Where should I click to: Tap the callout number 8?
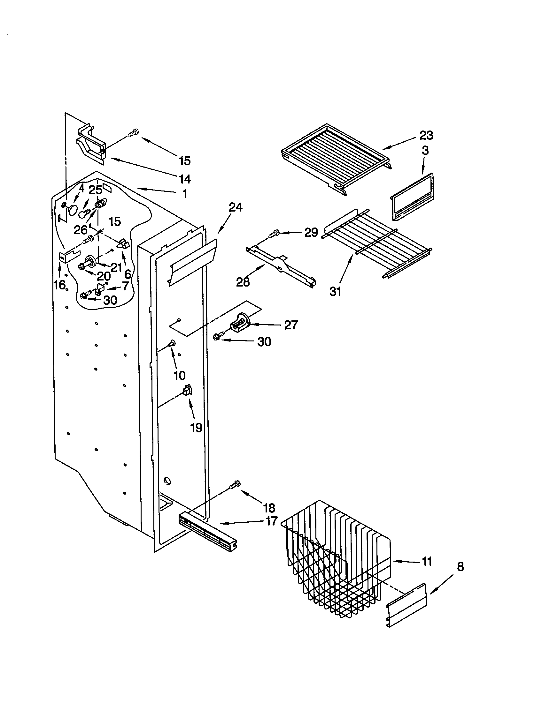(460, 567)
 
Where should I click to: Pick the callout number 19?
(196, 428)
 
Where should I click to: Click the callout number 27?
(290, 325)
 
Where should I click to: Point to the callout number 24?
(235, 207)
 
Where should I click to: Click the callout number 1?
(185, 194)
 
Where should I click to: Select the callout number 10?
(179, 375)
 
